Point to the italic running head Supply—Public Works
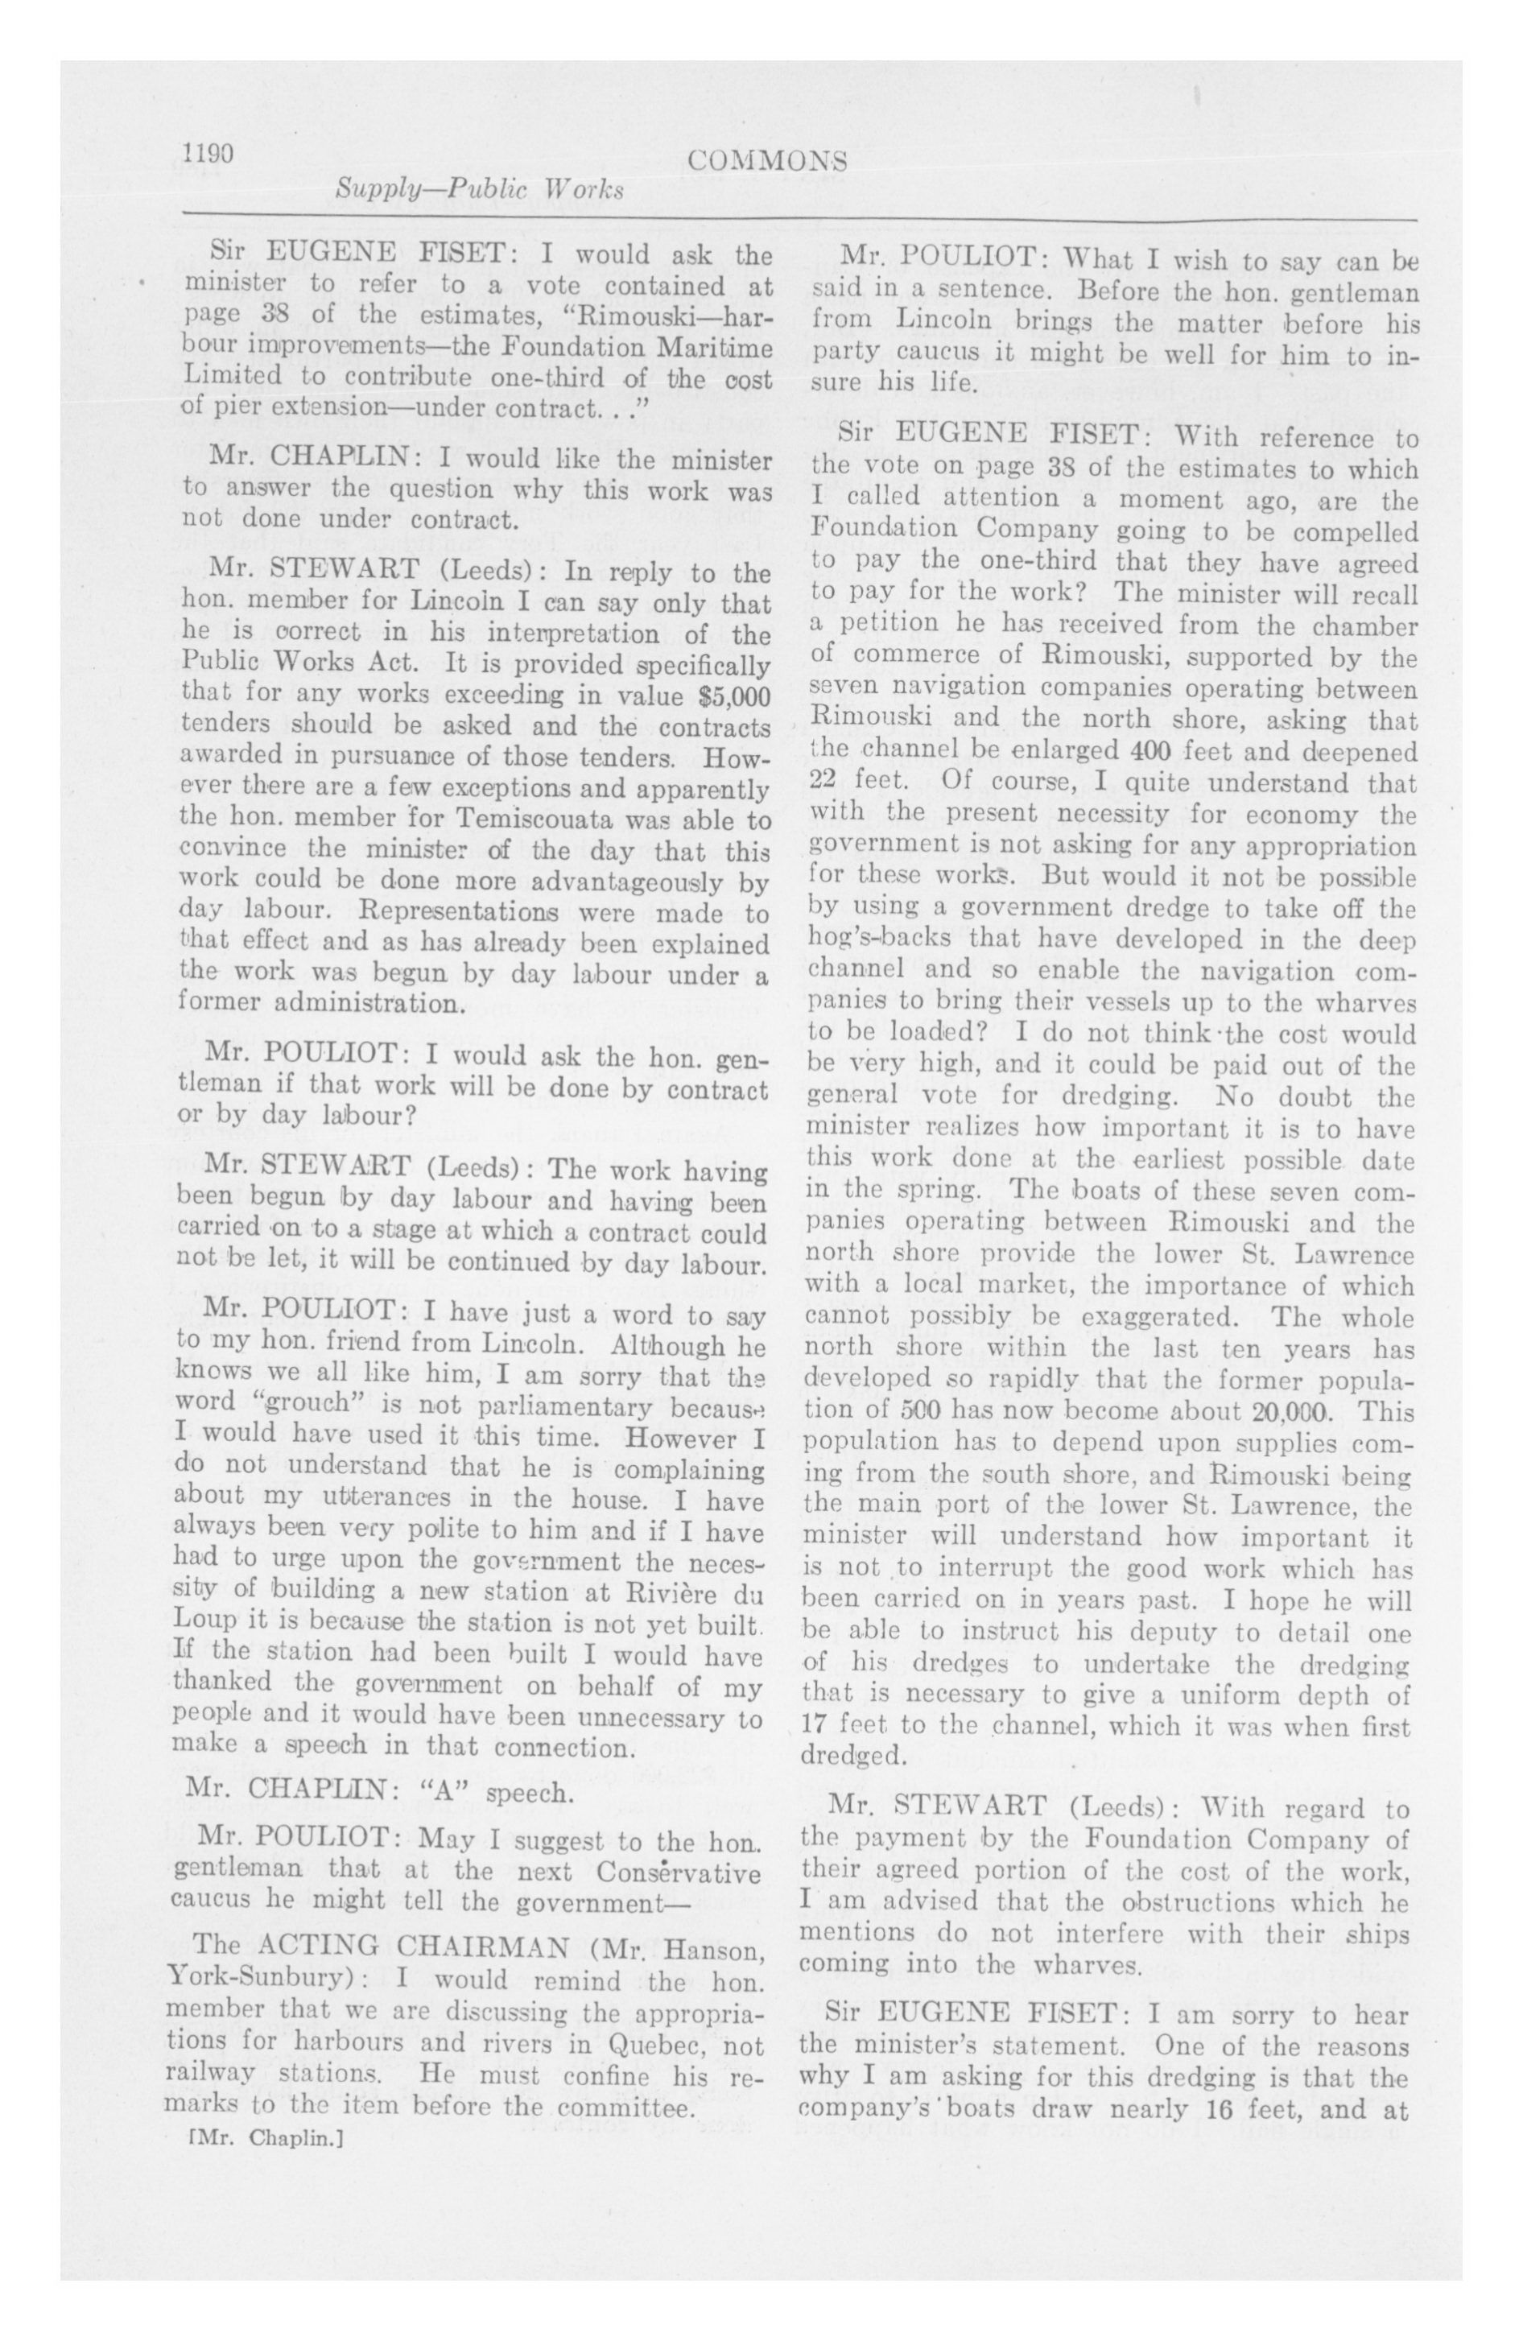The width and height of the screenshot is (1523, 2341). tap(479, 189)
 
